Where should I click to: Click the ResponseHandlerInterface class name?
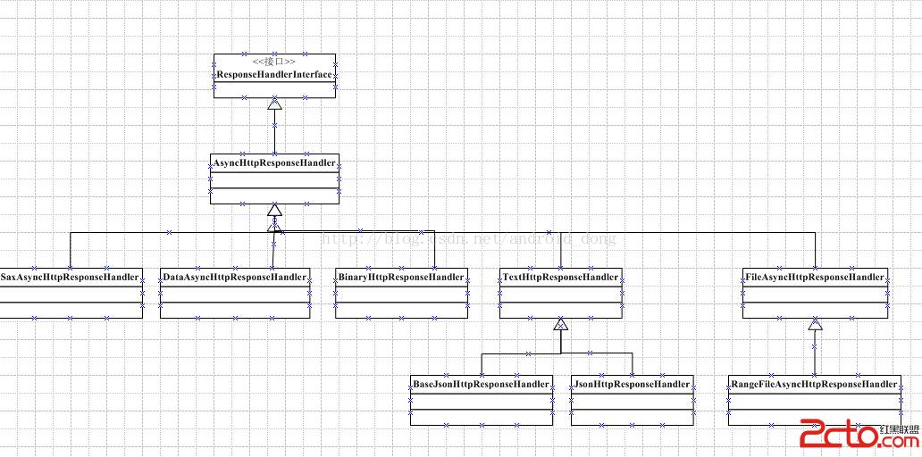pyautogui.click(x=274, y=74)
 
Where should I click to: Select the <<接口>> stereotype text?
pyautogui.click(x=274, y=62)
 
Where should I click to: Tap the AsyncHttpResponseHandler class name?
pyautogui.click(x=274, y=162)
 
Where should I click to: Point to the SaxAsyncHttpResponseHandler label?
pyautogui.click(x=70, y=277)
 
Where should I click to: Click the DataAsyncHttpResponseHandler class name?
pyautogui.click(x=235, y=277)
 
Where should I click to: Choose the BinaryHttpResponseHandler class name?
pyautogui.click(x=402, y=277)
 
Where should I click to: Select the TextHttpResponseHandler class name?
pyautogui.click(x=560, y=277)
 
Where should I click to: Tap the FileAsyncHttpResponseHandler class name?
pyautogui.click(x=814, y=277)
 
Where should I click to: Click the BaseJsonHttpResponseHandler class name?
pyautogui.click(x=481, y=384)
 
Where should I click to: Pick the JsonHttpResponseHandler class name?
pyautogui.click(x=633, y=384)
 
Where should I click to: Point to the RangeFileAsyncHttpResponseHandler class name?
pyautogui.click(x=814, y=384)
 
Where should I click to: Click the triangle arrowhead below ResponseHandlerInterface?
pyautogui.click(x=274, y=104)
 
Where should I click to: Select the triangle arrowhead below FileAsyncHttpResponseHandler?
pyautogui.click(x=814, y=325)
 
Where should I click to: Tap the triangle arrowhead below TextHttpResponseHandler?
pyautogui.click(x=560, y=324)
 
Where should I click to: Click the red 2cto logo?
pyautogui.click(x=835, y=436)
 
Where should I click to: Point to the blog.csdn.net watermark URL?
pyautogui.click(x=468, y=238)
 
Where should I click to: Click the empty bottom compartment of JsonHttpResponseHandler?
pyautogui.click(x=633, y=417)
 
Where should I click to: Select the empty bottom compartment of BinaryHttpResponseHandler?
pyautogui.click(x=402, y=311)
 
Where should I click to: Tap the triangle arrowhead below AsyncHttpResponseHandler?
pyautogui.click(x=274, y=211)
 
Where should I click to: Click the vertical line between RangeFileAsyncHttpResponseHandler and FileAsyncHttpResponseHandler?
pyautogui.click(x=814, y=353)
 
